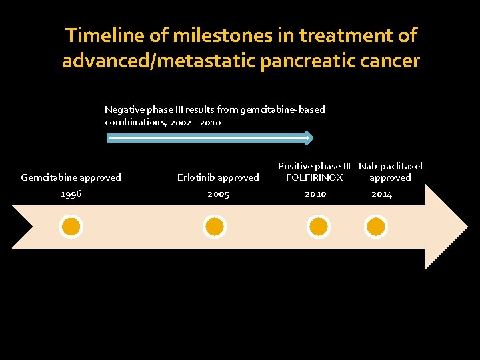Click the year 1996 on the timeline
[x=71, y=194]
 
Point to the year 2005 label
[x=218, y=194]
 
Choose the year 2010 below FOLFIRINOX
[x=315, y=194]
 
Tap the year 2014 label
[x=382, y=194]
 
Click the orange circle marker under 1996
[x=71, y=227]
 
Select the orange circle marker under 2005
[x=215, y=227]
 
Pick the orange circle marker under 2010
[x=319, y=227]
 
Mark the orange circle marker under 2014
[x=376, y=227]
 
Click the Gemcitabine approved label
[x=71, y=177]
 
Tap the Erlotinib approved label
[x=218, y=177]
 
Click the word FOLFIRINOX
[x=314, y=177]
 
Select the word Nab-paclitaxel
[x=391, y=166]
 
